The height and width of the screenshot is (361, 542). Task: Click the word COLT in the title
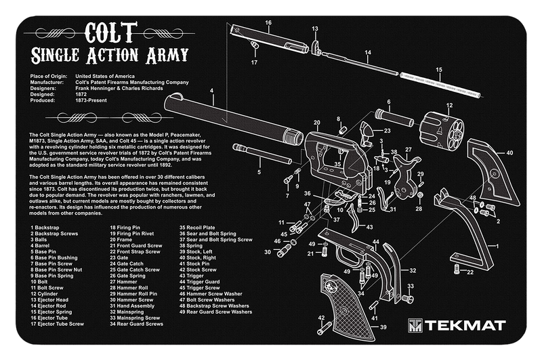coord(110,32)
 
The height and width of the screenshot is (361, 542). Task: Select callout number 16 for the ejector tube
coord(268,22)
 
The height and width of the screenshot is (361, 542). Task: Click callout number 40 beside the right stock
coord(509,153)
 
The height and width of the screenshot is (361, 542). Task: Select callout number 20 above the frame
coord(316,123)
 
